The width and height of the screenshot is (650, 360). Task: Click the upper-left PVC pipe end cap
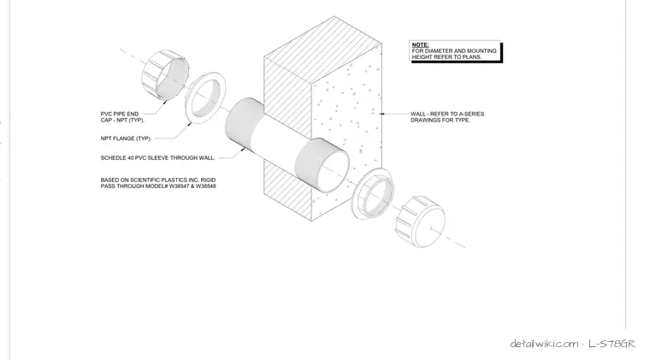(165, 74)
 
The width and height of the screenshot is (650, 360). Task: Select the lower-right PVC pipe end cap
(420, 221)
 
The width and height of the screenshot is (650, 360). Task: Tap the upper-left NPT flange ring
(205, 97)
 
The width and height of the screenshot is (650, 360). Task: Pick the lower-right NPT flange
(373, 194)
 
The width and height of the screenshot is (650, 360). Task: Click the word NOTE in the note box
(420, 44)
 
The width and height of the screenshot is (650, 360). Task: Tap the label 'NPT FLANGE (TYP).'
(126, 139)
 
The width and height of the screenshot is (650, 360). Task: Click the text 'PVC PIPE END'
(120, 114)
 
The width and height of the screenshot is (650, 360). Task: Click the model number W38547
(178, 186)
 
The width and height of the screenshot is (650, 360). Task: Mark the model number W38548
(206, 186)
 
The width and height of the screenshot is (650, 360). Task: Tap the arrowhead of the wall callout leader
(381, 114)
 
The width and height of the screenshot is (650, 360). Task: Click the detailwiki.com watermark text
(544, 344)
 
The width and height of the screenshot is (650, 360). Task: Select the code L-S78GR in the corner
(612, 344)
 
